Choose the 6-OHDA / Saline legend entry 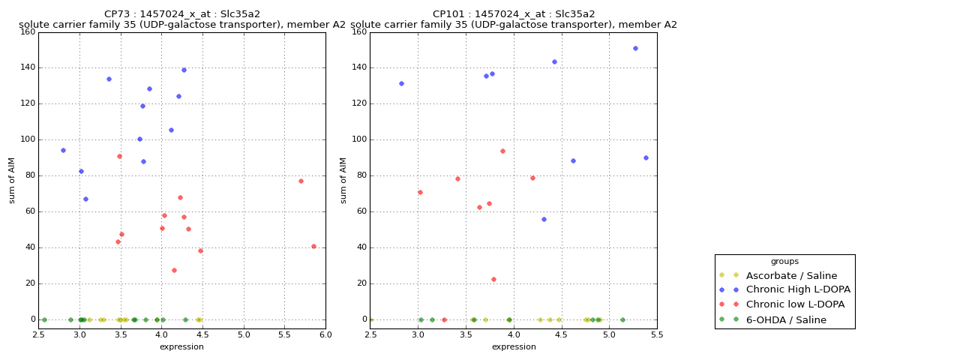[786, 319]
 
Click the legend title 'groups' [784, 262]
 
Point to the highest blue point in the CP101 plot [635, 48]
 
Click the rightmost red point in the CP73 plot [313, 246]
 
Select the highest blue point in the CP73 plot [184, 70]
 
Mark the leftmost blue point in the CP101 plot [401, 83]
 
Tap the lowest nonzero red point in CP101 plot [493, 279]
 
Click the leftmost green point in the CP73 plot [44, 319]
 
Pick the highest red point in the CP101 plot [502, 151]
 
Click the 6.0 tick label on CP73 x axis [325, 334]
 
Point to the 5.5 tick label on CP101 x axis [657, 334]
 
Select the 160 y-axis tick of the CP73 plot [27, 31]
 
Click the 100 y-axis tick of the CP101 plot [358, 139]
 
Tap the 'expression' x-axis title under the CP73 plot [181, 346]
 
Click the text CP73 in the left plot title [118, 14]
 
